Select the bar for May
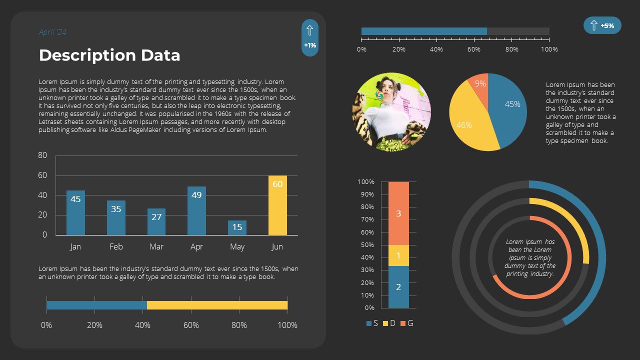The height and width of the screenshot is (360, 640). coord(237,227)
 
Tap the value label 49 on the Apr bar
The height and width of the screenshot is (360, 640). coord(196,195)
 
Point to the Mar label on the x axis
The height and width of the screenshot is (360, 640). coord(156,246)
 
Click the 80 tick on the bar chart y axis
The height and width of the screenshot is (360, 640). coord(42,155)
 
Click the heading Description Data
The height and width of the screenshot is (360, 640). coord(109,55)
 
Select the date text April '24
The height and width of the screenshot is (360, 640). coord(52,32)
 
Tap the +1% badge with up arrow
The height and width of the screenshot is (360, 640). coord(310,38)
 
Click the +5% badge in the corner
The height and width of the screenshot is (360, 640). coord(602,25)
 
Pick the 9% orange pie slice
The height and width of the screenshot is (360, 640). coord(480,84)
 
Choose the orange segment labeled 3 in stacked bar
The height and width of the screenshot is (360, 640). coord(398,213)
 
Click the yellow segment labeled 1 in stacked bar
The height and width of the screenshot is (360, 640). coord(398,255)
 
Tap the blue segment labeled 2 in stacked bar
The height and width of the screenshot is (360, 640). coord(398,287)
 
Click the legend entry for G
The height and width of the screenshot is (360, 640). coord(406,323)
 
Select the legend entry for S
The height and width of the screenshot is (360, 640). coord(372,323)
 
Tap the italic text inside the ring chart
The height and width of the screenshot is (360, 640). coord(530,258)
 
